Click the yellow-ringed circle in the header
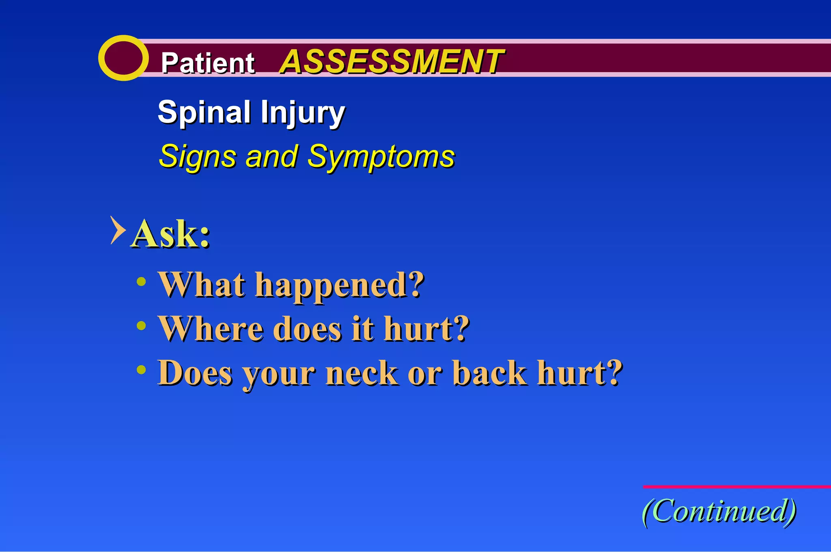point(123,58)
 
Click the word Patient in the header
point(208,63)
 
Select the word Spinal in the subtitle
point(204,112)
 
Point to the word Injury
point(303,113)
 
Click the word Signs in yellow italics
point(198,157)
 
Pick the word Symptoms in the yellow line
point(381,157)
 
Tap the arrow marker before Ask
point(117,230)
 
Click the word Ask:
point(170,234)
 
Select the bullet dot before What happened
point(141,282)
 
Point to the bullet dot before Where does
point(141,326)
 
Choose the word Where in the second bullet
point(211,329)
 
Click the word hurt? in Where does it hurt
point(426,329)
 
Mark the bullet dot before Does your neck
point(141,369)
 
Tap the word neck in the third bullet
point(362,373)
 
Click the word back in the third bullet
point(489,373)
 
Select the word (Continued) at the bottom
point(719,511)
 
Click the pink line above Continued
point(736,487)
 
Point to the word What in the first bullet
point(202,285)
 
